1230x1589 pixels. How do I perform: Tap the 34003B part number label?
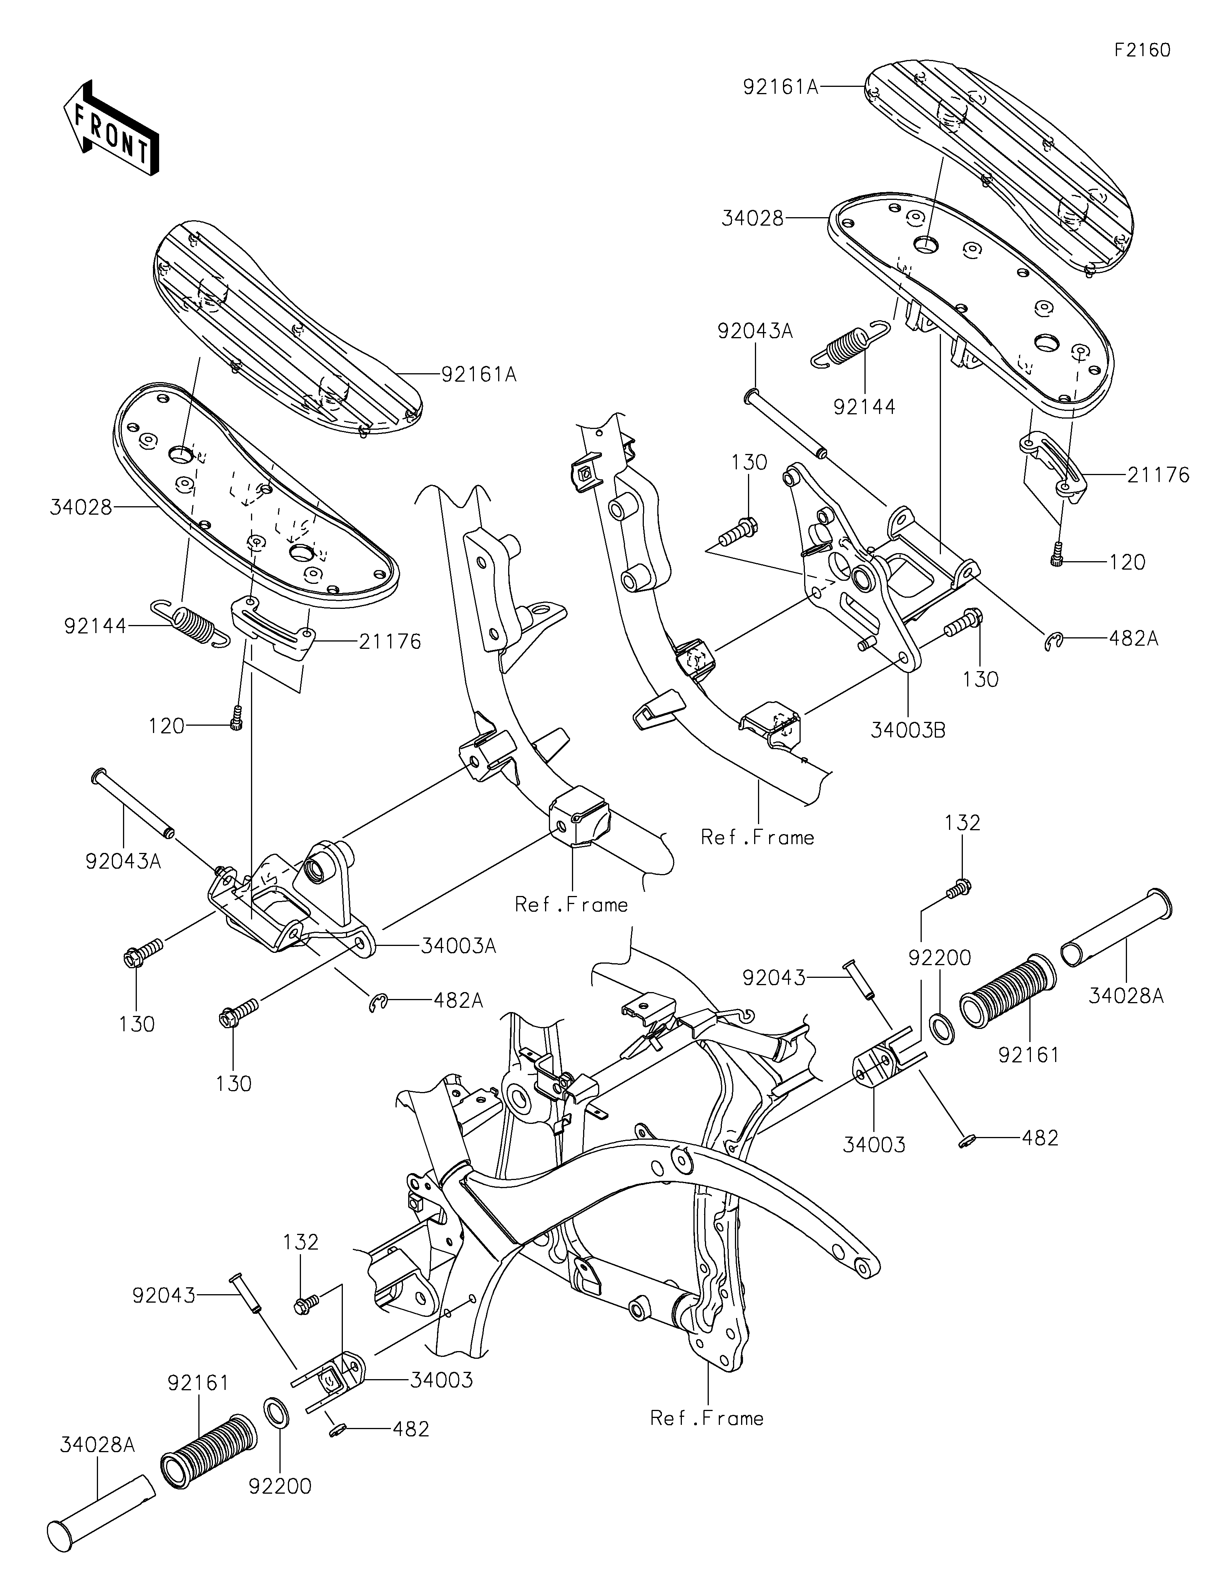pyautogui.click(x=908, y=730)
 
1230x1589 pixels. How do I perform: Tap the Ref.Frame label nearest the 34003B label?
pyautogui.click(x=757, y=838)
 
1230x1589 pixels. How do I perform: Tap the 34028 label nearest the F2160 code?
pyautogui.click(x=753, y=218)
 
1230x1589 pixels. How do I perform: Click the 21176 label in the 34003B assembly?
pyautogui.click(x=1159, y=476)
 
